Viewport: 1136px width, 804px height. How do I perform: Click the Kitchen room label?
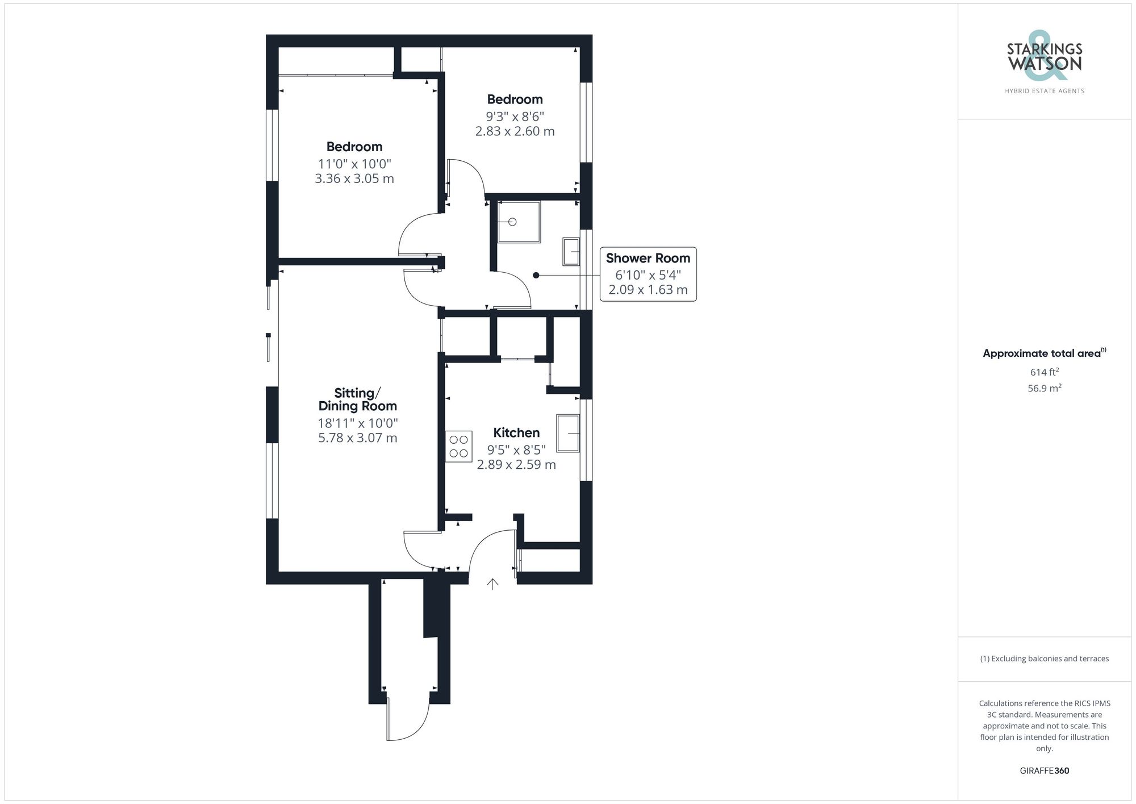point(516,433)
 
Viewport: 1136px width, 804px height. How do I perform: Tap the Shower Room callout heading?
point(648,259)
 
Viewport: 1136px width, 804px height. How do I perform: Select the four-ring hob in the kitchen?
point(458,447)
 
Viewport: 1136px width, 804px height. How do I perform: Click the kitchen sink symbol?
point(567,434)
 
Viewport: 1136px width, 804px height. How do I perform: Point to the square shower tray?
point(519,222)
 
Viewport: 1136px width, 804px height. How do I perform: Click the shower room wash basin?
point(571,252)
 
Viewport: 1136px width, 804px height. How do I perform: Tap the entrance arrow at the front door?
point(492,584)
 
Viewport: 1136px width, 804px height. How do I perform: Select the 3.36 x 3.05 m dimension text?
point(354,179)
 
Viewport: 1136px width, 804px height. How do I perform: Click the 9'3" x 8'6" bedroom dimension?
point(515,117)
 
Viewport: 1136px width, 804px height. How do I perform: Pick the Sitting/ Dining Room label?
point(357,399)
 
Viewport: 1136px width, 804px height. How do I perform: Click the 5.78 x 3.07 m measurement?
point(357,438)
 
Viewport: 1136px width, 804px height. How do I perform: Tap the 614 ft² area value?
point(1044,372)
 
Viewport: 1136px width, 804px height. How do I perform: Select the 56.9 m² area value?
point(1044,389)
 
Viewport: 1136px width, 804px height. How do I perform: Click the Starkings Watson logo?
point(1044,63)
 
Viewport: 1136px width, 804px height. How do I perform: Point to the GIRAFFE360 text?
point(1044,771)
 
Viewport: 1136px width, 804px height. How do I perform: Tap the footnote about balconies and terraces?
point(1044,659)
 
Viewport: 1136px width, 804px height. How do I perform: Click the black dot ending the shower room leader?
point(536,276)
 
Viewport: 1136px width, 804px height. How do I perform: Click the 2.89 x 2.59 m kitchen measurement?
point(516,465)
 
